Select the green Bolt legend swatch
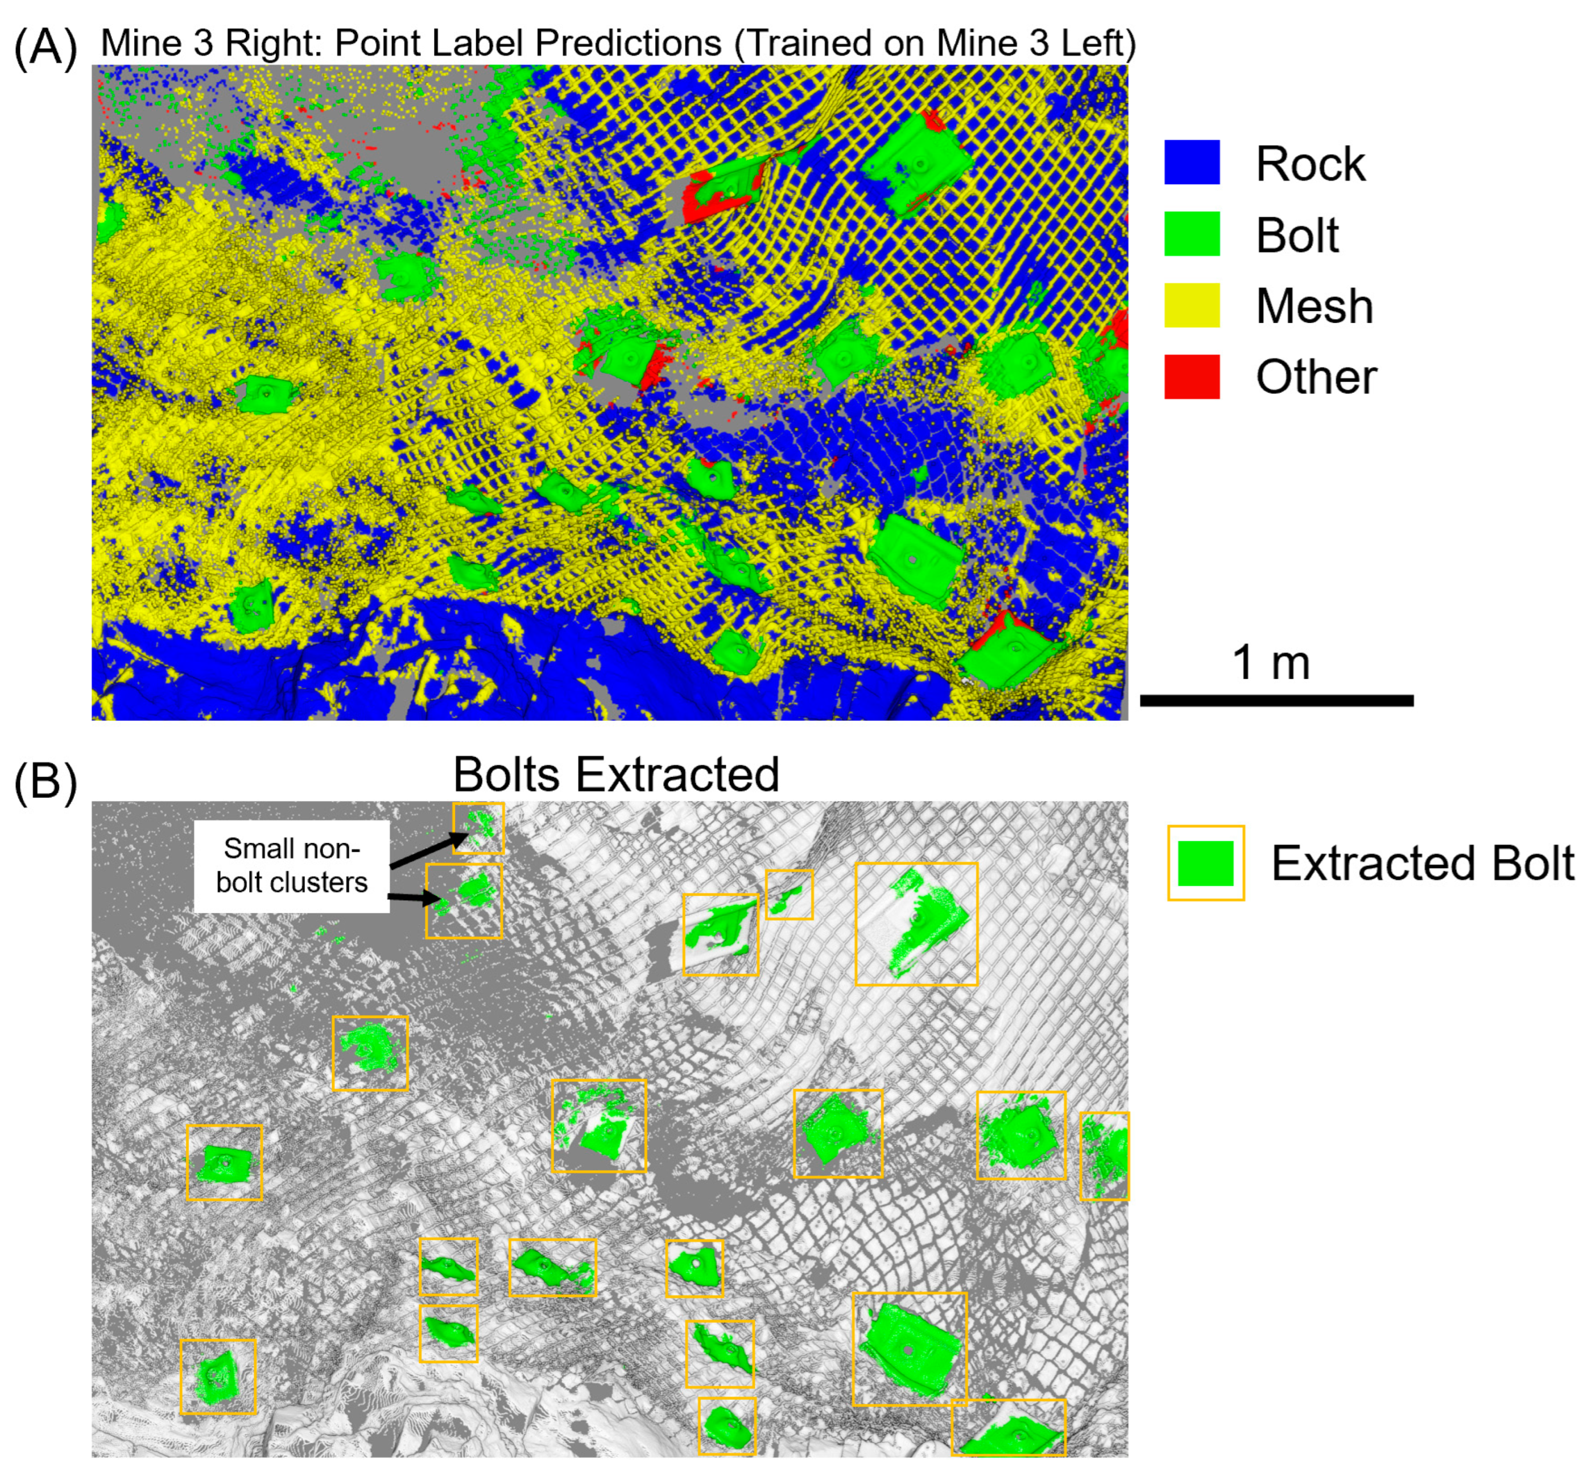1191,234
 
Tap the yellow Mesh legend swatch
1191,305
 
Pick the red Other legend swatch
1191,376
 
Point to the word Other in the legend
1316,377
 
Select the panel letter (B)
46,781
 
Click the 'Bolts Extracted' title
615,774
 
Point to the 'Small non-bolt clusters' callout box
292,866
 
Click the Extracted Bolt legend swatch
1205,863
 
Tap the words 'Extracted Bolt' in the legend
1422,863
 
